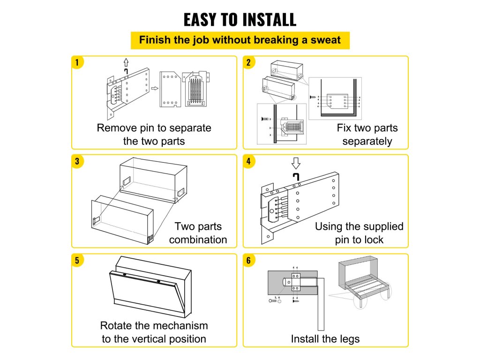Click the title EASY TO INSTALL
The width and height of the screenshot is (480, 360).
240,20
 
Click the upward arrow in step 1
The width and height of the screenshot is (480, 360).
126,62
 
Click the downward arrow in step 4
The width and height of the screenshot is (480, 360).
296,163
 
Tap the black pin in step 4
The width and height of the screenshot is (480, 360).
295,177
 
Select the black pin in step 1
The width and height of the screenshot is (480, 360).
126,71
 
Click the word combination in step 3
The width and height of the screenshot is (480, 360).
198,240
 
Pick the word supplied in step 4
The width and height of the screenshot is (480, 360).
380,227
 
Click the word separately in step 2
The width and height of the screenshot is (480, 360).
367,141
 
